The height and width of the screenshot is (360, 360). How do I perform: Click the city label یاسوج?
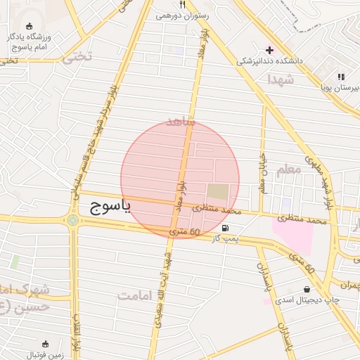(113, 207)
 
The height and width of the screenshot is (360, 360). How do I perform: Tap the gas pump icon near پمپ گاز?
(224, 227)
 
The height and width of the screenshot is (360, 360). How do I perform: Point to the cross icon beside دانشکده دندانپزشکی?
(269, 49)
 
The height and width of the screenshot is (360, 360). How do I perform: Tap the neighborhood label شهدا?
(280, 80)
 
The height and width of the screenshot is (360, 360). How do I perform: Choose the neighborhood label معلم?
(288, 169)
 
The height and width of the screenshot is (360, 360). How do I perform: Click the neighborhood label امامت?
(135, 296)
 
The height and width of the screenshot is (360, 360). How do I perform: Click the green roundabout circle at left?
(73, 221)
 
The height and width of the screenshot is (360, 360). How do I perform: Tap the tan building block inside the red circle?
(217, 191)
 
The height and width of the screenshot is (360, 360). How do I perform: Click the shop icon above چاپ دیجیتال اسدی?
(307, 289)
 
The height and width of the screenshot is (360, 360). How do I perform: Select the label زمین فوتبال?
(46, 355)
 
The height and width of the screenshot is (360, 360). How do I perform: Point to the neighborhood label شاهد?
(179, 121)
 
